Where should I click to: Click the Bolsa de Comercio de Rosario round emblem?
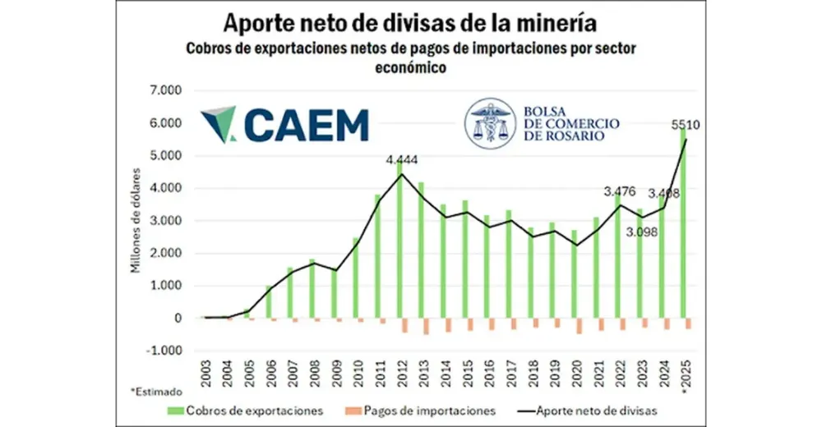[x=491, y=124]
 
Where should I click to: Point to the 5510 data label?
[x=685, y=126]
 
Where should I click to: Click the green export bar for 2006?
[x=270, y=301]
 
